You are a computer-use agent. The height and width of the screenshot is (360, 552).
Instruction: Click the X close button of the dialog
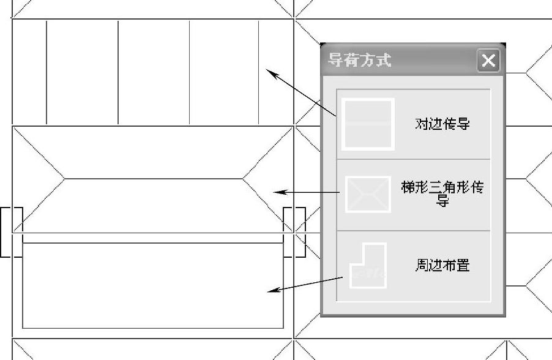(488, 61)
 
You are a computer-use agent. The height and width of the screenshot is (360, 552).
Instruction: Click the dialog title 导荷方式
(360, 60)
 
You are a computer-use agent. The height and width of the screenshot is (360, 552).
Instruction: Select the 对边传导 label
(442, 124)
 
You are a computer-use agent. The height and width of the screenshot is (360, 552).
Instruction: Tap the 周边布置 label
(442, 265)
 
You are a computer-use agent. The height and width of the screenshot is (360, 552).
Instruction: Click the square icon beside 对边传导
(367, 124)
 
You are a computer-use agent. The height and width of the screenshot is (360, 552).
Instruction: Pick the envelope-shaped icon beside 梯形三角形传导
(368, 194)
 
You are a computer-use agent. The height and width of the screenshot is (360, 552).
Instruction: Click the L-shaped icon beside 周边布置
(368, 266)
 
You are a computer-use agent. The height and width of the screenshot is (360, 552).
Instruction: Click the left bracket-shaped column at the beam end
(12, 232)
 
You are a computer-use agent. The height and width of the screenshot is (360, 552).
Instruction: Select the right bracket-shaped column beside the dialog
(294, 232)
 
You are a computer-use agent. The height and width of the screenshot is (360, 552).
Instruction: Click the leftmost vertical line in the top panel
(47, 72)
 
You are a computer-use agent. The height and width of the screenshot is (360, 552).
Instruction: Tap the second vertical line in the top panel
(118, 72)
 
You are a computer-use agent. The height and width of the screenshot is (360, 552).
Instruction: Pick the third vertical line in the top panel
(189, 72)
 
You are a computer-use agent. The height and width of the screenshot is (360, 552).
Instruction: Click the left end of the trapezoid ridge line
(65, 179)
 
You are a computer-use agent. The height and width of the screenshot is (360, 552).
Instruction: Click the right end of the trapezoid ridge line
(242, 179)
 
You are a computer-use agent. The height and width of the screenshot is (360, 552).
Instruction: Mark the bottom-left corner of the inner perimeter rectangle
(23, 328)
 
